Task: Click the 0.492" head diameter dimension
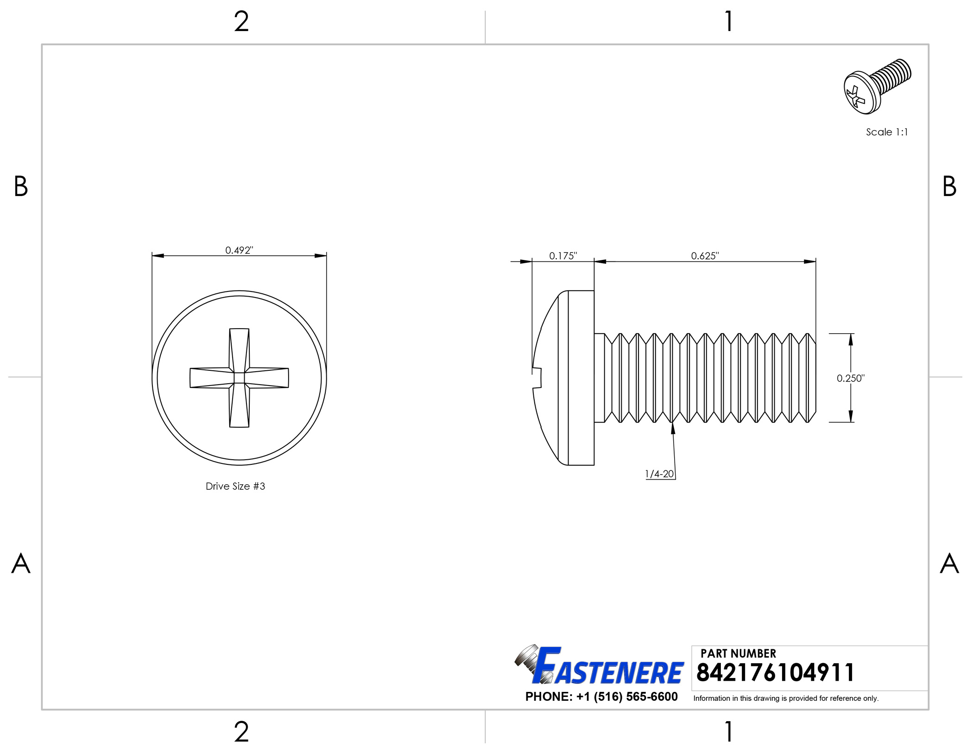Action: pyautogui.click(x=239, y=250)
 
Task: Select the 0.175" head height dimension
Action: pyautogui.click(x=563, y=256)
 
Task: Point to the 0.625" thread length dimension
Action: pyautogui.click(x=705, y=256)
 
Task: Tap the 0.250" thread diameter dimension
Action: pyautogui.click(x=851, y=378)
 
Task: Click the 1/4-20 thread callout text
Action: pyautogui.click(x=659, y=474)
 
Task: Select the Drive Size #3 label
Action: pyautogui.click(x=235, y=486)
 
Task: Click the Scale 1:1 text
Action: pyautogui.click(x=887, y=132)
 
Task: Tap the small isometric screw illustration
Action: pyautogui.click(x=877, y=86)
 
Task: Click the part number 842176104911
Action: pyautogui.click(x=775, y=672)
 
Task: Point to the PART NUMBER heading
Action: pyautogui.click(x=738, y=653)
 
